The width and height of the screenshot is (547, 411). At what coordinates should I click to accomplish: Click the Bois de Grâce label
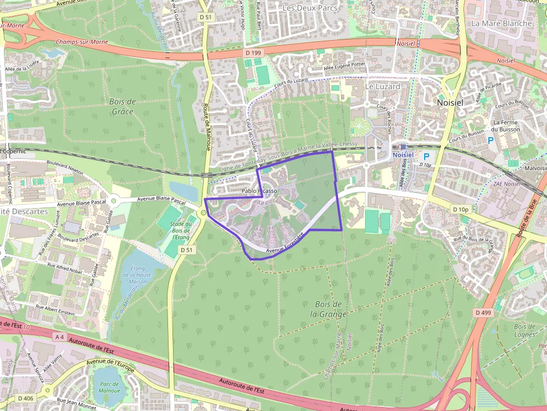124,106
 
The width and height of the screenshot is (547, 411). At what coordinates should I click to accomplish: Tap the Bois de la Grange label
329,309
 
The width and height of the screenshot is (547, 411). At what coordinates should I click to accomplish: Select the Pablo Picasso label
259,191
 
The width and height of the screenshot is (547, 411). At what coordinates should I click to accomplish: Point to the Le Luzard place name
382,86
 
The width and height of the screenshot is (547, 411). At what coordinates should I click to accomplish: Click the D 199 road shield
253,52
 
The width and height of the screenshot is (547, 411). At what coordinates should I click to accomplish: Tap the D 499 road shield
483,313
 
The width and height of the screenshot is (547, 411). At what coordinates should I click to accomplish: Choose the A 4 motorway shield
60,337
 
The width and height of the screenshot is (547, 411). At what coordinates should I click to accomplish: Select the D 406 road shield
26,398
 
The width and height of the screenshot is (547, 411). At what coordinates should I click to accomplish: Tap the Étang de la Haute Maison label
138,275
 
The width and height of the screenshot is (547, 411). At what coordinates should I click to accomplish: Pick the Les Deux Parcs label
305,8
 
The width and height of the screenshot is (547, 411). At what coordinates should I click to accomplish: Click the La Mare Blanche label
501,23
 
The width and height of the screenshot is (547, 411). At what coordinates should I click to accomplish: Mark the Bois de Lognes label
524,331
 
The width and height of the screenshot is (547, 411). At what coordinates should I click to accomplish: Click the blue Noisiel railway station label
403,154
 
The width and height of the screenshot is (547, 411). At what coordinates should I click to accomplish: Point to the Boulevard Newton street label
66,169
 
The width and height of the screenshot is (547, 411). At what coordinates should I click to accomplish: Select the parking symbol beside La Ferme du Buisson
491,141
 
